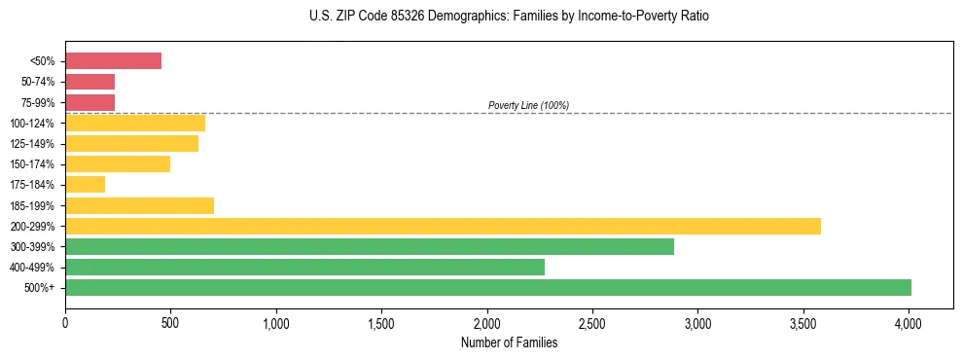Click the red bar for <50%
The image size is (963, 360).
(x=113, y=61)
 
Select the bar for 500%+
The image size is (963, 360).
(x=487, y=287)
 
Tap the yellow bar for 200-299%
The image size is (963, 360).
(x=443, y=226)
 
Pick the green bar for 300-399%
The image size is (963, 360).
(x=370, y=246)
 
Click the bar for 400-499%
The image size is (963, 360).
(x=304, y=267)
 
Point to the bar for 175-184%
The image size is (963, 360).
(x=85, y=185)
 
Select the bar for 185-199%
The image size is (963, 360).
(x=139, y=205)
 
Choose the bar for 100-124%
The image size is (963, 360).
(x=135, y=123)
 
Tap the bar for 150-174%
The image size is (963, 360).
(x=118, y=163)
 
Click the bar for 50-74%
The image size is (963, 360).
(x=89, y=82)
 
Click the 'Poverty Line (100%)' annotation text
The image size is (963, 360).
(x=528, y=105)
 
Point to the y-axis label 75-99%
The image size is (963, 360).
(x=38, y=102)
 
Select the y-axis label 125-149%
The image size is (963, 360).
(x=33, y=144)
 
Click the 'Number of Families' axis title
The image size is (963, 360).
(x=509, y=342)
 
